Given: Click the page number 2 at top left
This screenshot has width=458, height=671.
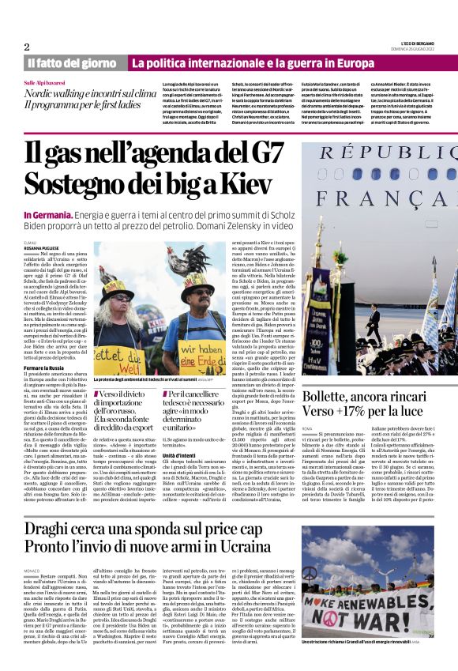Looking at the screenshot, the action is (27, 47).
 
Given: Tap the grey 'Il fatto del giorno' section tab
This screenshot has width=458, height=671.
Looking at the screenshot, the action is (69, 62).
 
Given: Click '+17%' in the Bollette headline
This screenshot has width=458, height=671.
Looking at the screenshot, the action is (364, 411).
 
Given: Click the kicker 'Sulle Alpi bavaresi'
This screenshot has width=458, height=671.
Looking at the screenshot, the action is (46, 82).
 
